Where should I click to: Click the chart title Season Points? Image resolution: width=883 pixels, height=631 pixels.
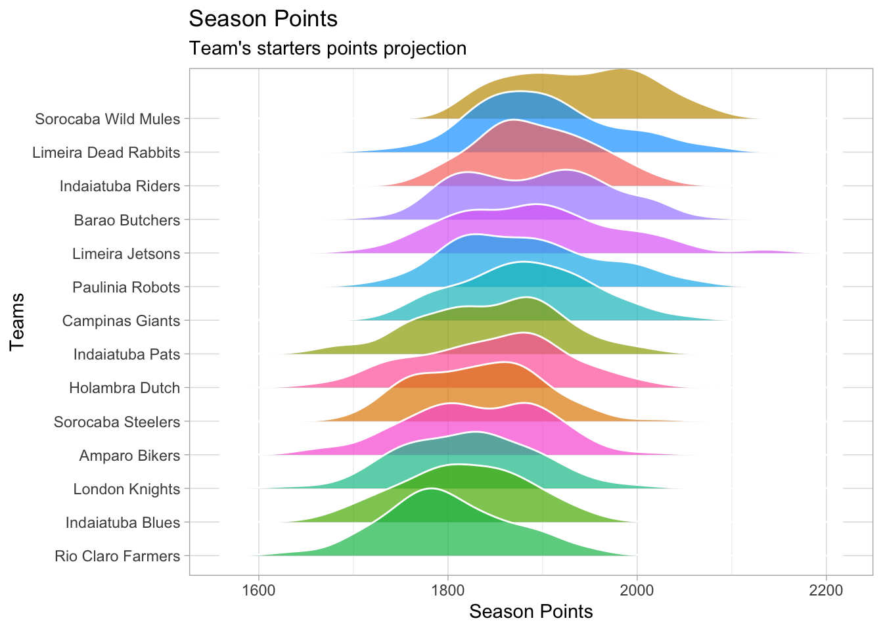point(263,19)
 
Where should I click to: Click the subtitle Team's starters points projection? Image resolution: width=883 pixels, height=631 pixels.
point(327,49)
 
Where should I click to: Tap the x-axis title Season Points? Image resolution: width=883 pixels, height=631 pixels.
point(531,612)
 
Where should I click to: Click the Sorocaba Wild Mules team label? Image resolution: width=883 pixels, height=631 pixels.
point(107,119)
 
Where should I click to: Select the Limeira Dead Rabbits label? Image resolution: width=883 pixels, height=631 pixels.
point(106,152)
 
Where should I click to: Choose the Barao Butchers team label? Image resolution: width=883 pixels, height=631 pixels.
point(127,220)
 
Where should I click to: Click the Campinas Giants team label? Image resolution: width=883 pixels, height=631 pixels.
point(121,321)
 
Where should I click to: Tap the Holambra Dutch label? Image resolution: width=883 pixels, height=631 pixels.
point(124,388)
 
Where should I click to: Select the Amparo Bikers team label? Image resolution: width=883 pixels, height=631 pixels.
point(129,455)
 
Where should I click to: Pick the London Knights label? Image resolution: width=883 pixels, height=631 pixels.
point(126,489)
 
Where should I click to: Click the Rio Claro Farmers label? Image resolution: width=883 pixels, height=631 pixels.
point(117,556)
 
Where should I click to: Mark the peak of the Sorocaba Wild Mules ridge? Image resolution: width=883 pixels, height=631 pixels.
point(621,70)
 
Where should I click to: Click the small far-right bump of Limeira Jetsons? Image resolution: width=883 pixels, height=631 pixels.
point(762,252)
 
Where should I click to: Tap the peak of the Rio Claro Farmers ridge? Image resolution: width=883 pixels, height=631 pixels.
point(430,490)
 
